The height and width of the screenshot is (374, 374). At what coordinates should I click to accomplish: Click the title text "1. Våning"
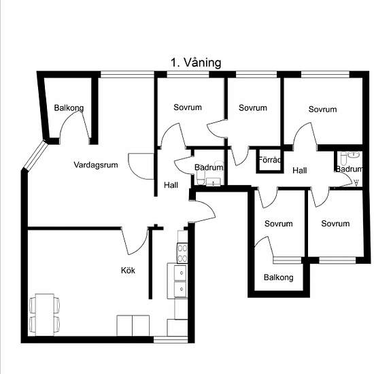[x=196, y=63]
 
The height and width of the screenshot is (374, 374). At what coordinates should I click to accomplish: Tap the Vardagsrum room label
[x=96, y=165]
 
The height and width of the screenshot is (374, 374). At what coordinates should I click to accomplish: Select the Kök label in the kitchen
[x=128, y=270]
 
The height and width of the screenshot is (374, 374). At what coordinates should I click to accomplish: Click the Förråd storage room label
[x=270, y=160]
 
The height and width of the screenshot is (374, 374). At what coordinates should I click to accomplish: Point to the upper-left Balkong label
[x=69, y=108]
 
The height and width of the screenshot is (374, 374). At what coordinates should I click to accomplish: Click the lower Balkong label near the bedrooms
[x=279, y=277]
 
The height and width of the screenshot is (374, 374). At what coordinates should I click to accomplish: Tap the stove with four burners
[x=182, y=253]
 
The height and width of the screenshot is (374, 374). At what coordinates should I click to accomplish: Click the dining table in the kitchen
[x=45, y=314]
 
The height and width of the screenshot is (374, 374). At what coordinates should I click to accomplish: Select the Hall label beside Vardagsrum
[x=171, y=185]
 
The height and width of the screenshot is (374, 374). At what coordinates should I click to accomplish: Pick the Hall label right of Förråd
[x=300, y=171]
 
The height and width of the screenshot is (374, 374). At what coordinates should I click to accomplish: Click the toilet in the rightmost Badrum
[x=343, y=158]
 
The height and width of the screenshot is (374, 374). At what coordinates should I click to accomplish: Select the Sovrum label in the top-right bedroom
[x=323, y=109]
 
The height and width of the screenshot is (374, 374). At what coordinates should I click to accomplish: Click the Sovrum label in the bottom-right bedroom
[x=335, y=224]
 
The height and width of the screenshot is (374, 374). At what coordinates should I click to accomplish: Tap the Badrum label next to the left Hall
[x=209, y=167]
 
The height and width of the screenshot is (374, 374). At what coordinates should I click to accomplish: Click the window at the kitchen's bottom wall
[x=171, y=339]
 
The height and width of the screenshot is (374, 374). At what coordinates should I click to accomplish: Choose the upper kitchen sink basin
[x=181, y=273]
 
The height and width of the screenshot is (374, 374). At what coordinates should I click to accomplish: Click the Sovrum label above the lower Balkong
[x=279, y=224]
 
